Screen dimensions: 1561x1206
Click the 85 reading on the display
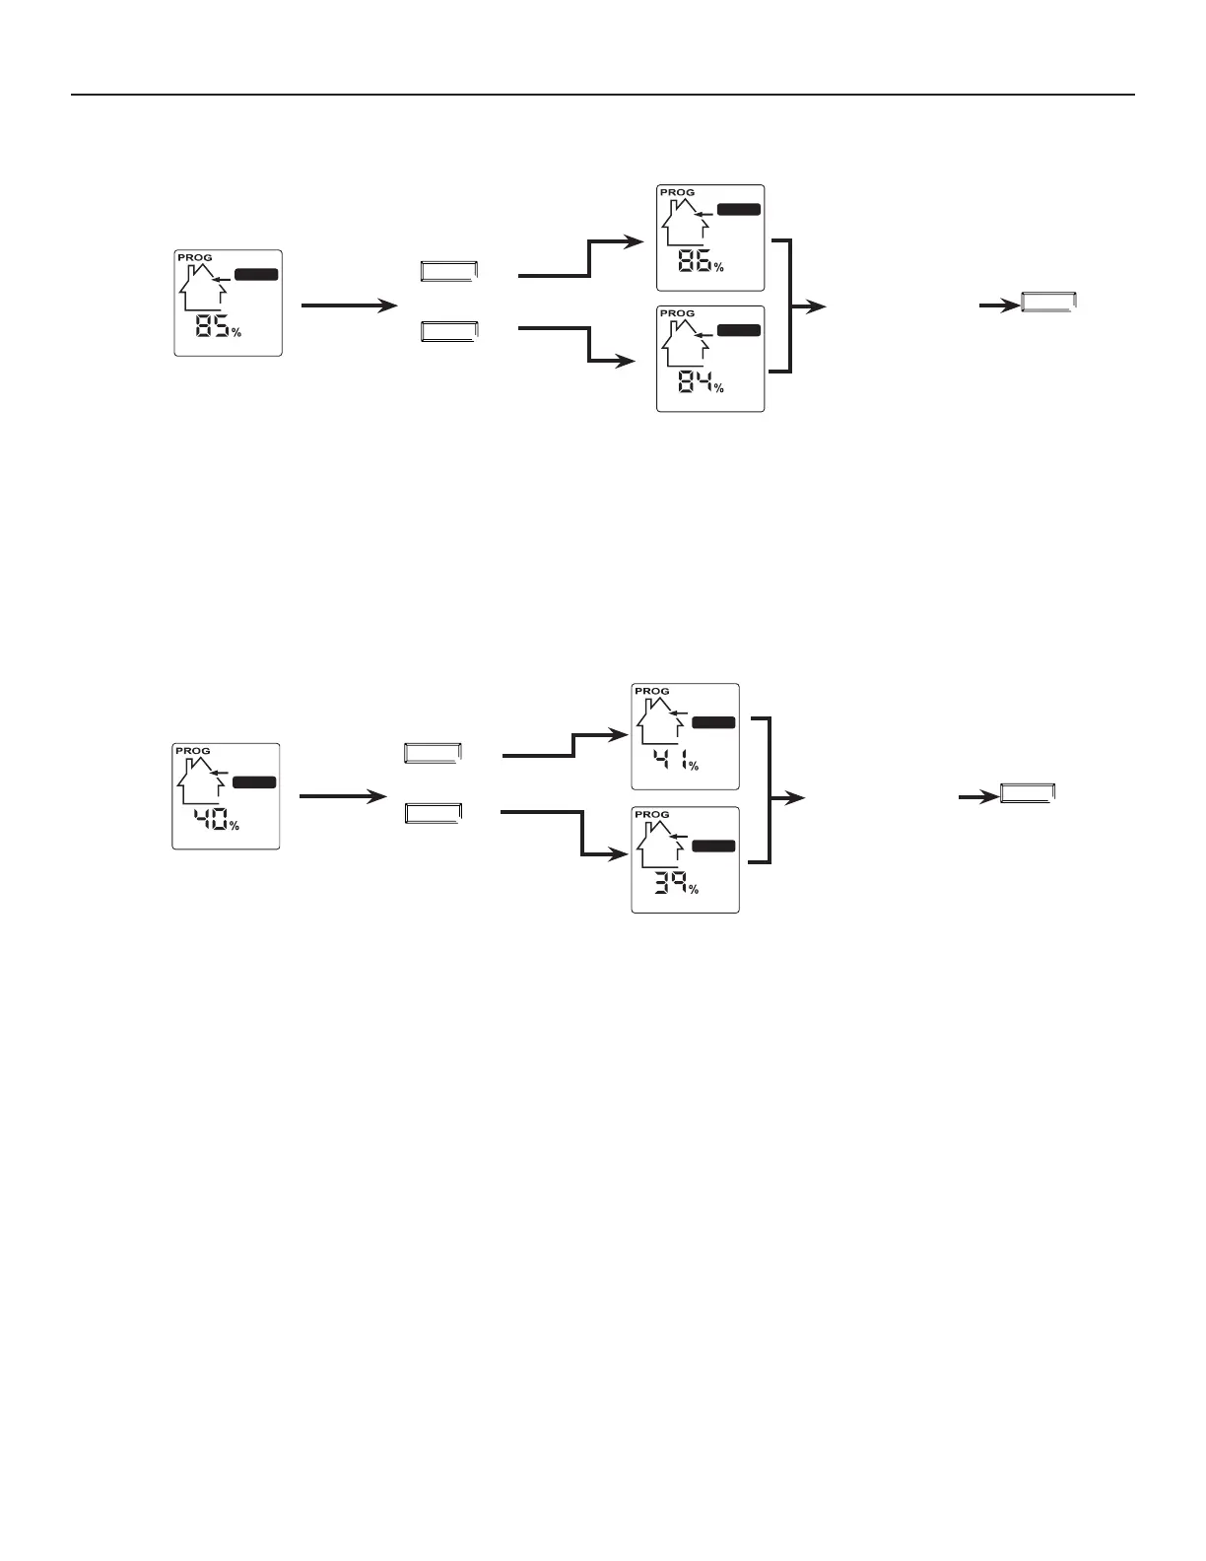[212, 326]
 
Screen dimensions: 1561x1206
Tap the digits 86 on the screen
[694, 262]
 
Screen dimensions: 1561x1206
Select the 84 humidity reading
[695, 382]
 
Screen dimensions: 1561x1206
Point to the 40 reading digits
[210, 819]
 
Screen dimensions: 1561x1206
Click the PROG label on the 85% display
[194, 258]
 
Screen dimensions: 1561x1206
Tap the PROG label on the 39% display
[651, 815]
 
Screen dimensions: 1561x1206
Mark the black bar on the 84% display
[739, 330]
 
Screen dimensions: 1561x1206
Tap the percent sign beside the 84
[719, 388]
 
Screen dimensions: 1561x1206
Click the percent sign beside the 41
[694, 766]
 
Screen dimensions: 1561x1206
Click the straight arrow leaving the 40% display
[342, 796]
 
